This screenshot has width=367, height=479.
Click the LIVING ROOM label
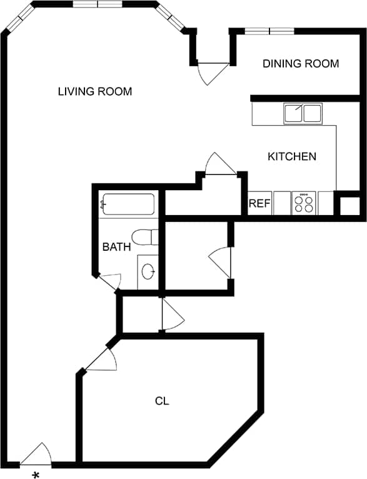click(95, 92)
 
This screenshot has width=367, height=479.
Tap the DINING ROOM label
click(301, 64)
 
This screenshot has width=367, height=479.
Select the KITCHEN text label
click(292, 156)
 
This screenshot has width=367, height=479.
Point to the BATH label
click(116, 247)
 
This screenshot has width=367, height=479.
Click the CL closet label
click(163, 401)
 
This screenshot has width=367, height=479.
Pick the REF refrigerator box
click(259, 203)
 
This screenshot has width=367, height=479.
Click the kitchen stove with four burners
click(304, 203)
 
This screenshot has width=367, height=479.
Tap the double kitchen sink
click(303, 114)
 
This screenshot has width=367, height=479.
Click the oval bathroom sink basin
click(148, 271)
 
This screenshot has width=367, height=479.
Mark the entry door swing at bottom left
click(37, 455)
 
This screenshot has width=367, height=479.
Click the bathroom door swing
click(111, 281)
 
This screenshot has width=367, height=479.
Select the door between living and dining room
click(211, 71)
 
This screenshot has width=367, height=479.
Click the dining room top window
click(269, 31)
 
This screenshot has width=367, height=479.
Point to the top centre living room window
click(97, 4)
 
